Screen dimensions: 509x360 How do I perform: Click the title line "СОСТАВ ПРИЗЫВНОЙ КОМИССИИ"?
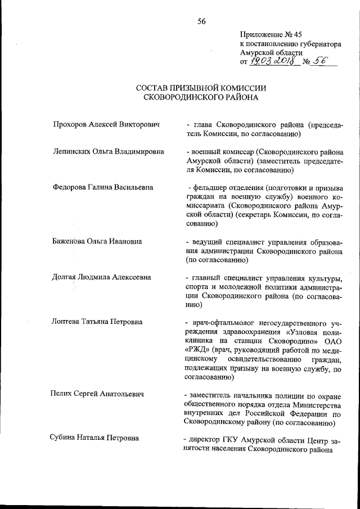click(x=201, y=88)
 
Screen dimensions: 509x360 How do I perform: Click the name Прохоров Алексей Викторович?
click(x=107, y=124)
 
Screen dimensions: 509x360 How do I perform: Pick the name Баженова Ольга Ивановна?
click(x=97, y=241)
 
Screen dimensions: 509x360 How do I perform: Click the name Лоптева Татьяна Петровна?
click(x=97, y=322)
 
